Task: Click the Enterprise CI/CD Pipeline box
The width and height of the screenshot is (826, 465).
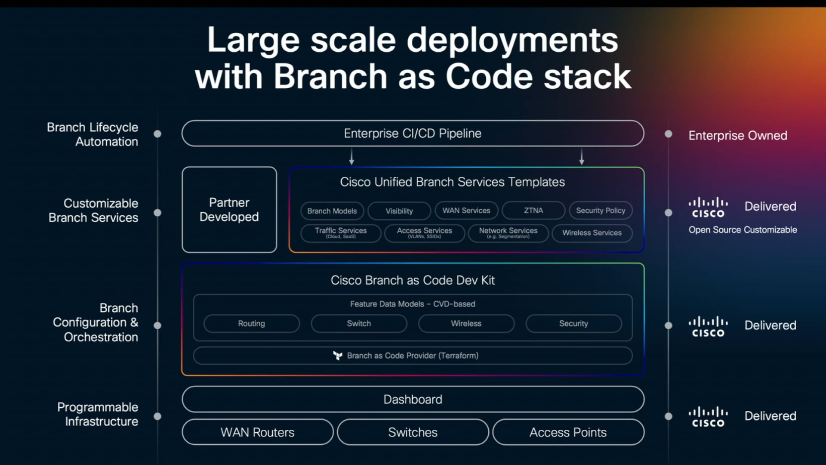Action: [412, 133]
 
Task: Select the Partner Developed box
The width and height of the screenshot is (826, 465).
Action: [229, 210]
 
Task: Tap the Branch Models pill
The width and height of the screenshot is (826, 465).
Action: [332, 211]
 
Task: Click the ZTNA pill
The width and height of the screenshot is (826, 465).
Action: [533, 211]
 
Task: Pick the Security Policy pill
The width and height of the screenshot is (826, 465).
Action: [600, 211]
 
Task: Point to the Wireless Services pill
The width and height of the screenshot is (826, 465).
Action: [592, 233]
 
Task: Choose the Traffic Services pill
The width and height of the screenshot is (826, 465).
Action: [340, 233]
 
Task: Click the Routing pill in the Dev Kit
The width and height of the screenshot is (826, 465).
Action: [251, 323]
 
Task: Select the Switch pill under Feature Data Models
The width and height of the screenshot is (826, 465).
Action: [359, 323]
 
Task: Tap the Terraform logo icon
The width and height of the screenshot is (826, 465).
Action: [338, 356]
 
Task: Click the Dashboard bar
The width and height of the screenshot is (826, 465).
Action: [412, 400]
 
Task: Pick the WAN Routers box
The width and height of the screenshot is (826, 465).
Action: [257, 432]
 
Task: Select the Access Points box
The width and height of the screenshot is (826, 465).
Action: [568, 432]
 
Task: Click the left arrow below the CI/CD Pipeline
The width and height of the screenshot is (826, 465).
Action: [351, 157]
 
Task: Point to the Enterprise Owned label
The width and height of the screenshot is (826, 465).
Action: [737, 136]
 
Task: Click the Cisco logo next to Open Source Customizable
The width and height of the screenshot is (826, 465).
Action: [708, 208]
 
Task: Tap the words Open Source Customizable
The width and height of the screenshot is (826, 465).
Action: [743, 230]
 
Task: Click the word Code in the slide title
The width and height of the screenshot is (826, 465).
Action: [490, 77]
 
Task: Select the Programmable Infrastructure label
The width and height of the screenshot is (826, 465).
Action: [98, 414]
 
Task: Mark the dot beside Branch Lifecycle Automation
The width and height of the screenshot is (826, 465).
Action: [157, 134]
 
